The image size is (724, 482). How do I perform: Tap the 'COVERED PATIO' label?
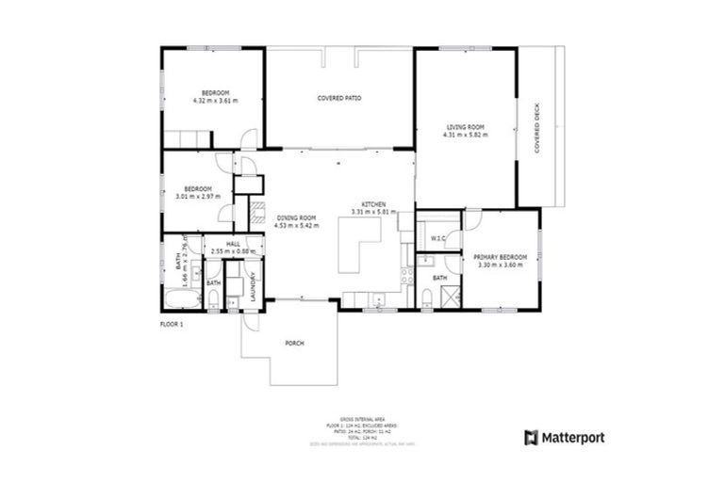[x=339, y=98]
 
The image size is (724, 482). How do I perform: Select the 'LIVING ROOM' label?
[x=465, y=127]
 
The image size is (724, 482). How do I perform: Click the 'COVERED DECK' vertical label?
[x=536, y=128]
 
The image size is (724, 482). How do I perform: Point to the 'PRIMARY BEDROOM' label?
[x=499, y=256]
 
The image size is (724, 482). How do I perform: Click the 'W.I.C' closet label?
[x=436, y=239]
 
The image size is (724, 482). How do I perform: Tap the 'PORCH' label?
[x=294, y=344]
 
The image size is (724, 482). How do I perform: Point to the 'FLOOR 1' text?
[x=171, y=324]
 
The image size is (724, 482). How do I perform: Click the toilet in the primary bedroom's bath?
[x=427, y=300]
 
